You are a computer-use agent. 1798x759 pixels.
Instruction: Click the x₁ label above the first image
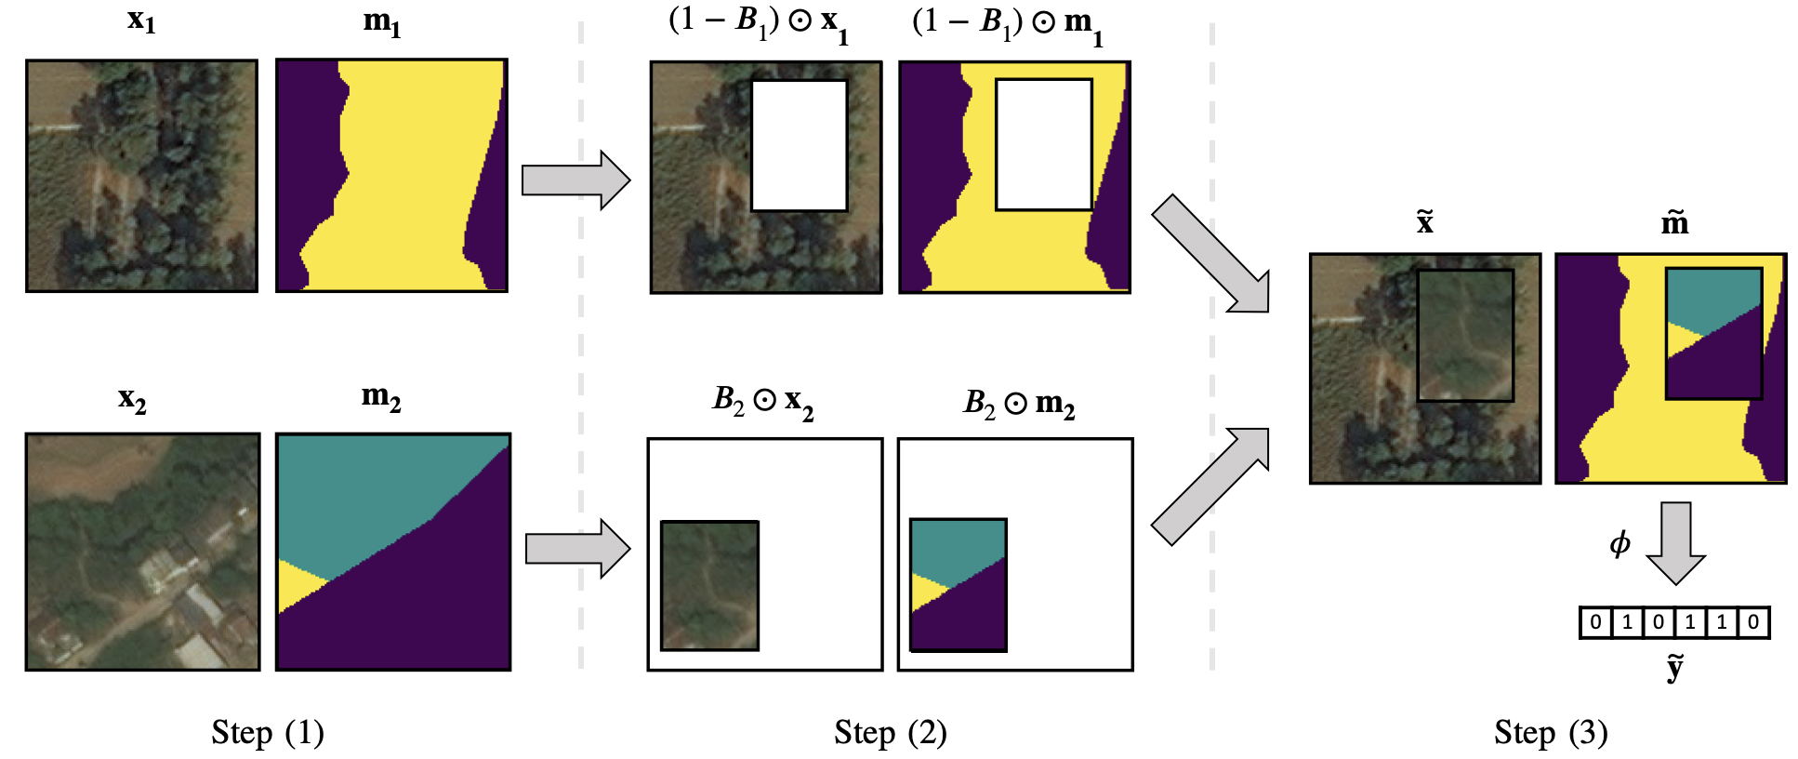(141, 20)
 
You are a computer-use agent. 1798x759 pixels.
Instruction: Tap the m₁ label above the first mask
(382, 21)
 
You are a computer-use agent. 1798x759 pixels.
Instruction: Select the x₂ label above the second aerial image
(132, 399)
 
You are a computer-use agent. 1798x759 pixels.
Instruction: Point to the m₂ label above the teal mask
(381, 397)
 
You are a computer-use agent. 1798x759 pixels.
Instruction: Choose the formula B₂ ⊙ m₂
(1019, 403)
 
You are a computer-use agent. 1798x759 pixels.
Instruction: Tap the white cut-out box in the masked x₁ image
(800, 145)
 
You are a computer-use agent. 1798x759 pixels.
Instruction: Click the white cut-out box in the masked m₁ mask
(1044, 144)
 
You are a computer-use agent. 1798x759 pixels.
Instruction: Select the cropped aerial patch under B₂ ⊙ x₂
(709, 585)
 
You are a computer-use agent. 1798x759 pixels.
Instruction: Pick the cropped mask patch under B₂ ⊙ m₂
(958, 584)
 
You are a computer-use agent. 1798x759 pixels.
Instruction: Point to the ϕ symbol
(1620, 543)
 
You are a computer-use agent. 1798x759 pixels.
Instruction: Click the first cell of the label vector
(1595, 622)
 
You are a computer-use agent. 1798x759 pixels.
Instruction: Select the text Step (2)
(890, 733)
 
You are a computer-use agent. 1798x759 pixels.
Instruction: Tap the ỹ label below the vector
(1674, 667)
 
